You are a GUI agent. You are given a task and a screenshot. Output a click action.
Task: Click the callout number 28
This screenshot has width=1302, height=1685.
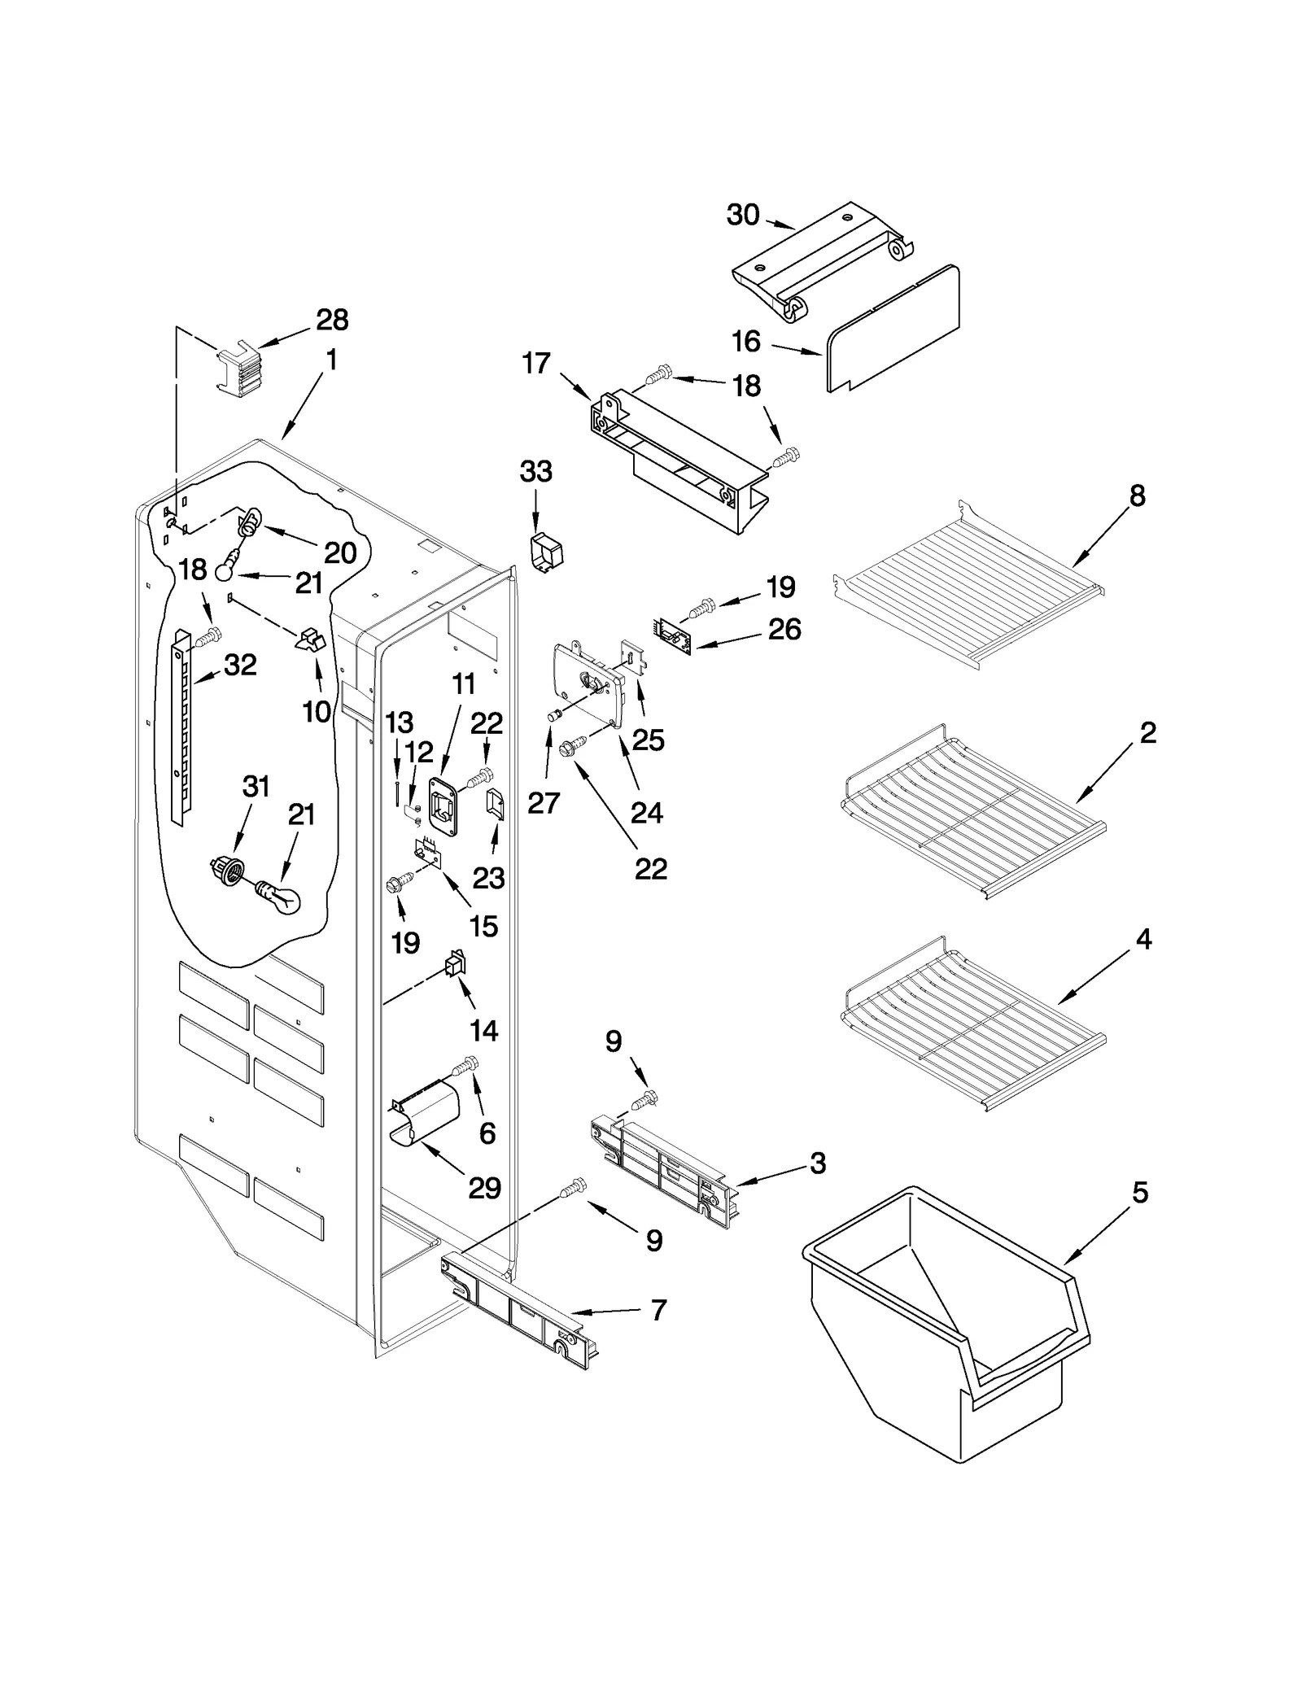coord(332,320)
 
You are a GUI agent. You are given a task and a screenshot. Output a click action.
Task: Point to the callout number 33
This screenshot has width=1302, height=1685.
coord(535,471)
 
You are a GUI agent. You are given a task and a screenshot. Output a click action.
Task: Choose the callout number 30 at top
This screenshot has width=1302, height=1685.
coord(743,215)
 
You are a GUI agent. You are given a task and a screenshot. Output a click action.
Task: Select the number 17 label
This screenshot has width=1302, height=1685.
coord(536,363)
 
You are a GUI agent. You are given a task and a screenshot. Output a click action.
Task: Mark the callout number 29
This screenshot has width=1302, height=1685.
coord(484,1188)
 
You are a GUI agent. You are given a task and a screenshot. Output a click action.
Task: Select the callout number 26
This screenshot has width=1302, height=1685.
coord(784,629)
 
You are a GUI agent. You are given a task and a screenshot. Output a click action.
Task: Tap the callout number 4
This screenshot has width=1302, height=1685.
coord(1143,939)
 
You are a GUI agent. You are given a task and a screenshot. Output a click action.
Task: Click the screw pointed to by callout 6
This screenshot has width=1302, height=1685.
coord(467,1064)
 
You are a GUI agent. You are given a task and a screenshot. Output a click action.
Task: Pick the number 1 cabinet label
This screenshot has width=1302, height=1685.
coord(331,360)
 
